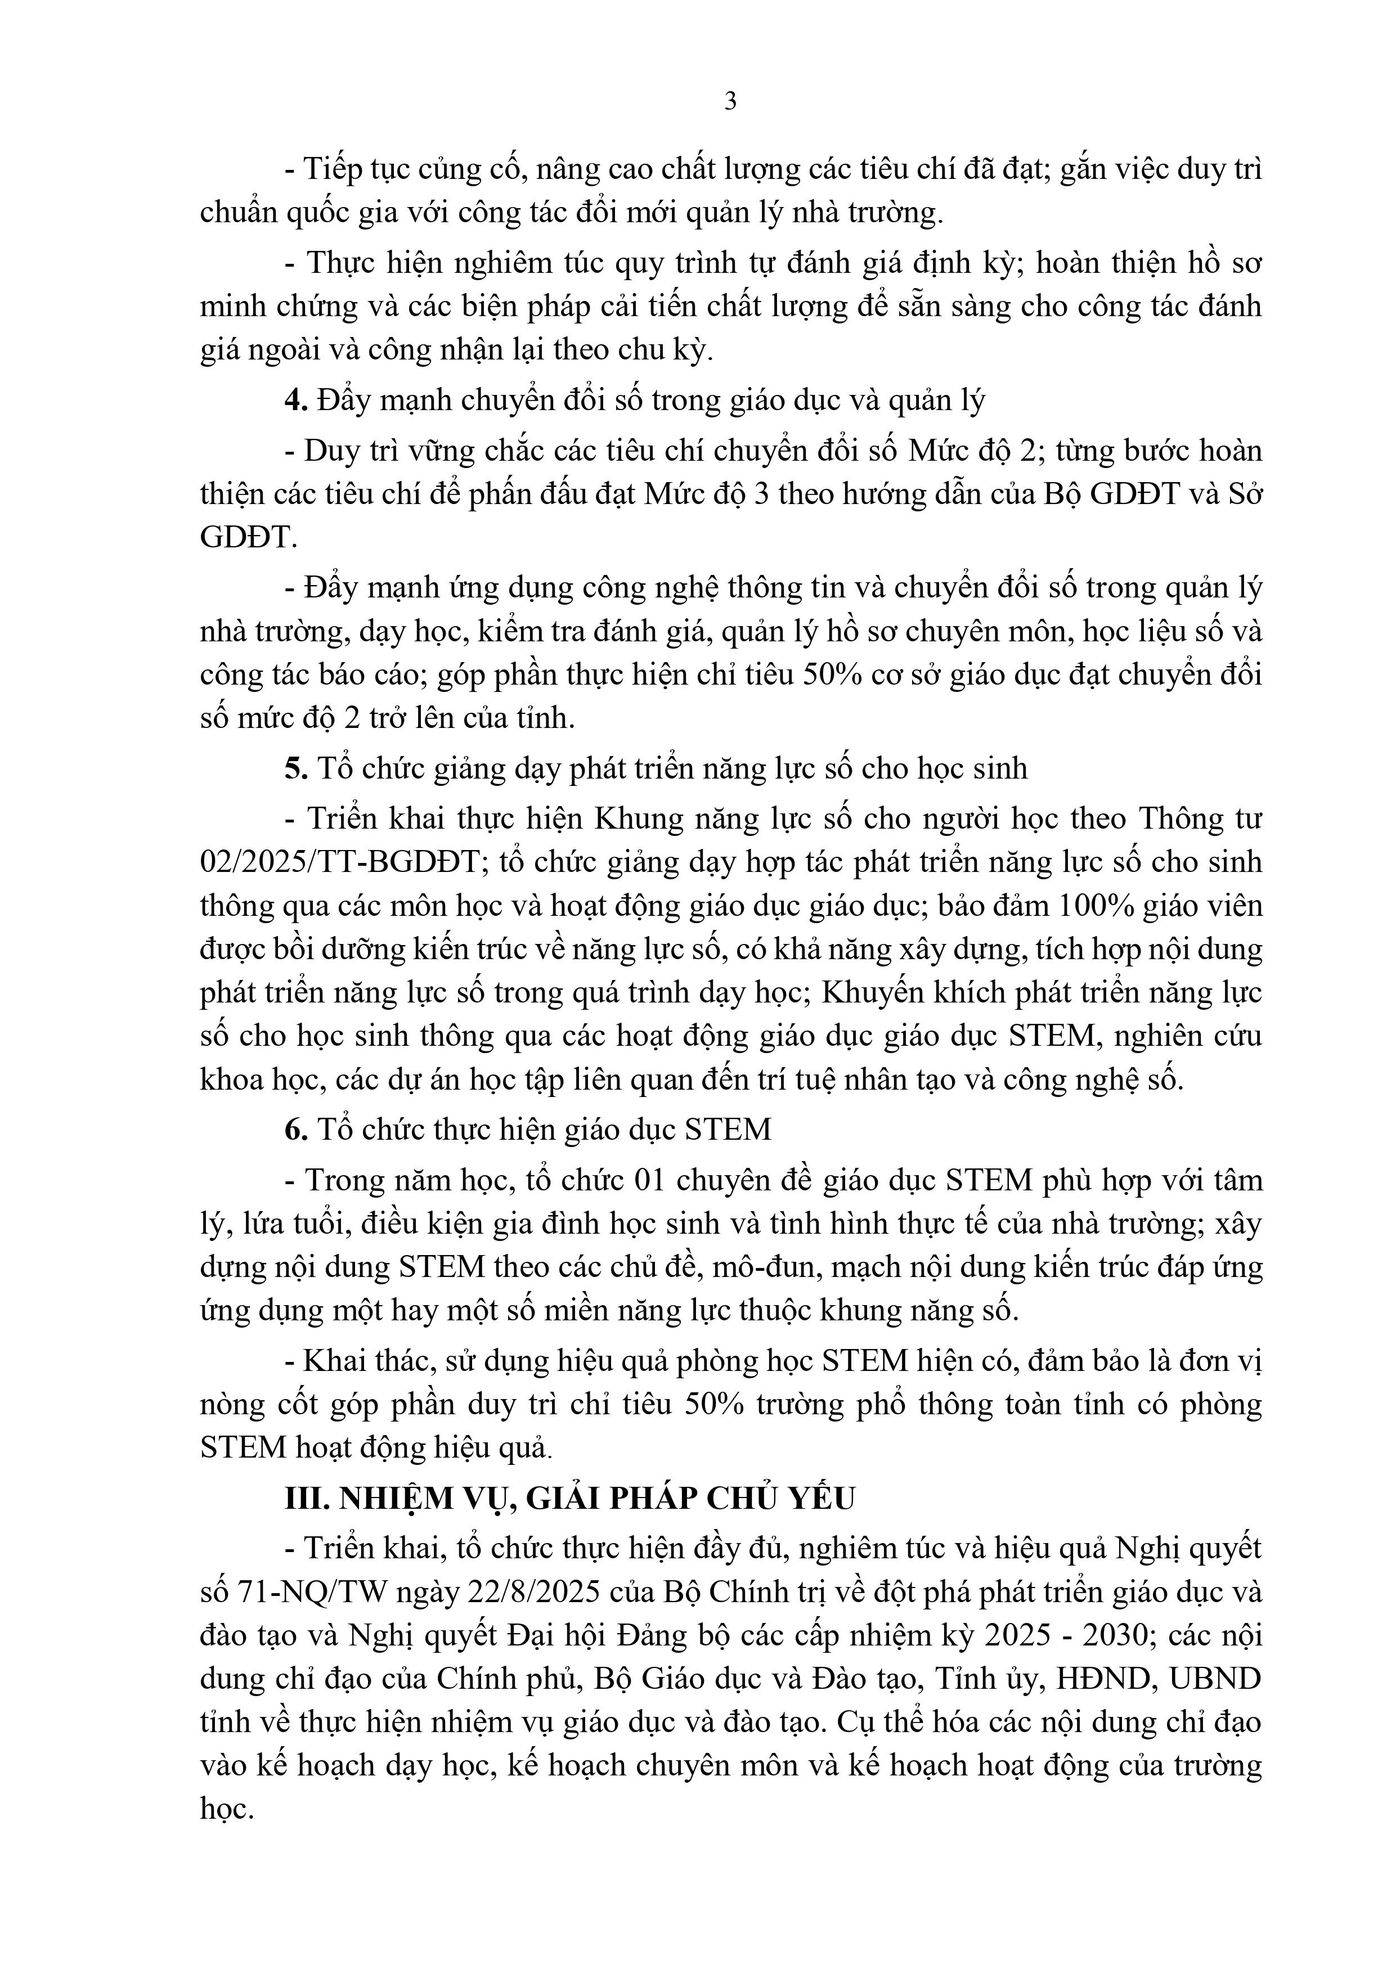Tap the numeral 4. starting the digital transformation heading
tap(297, 401)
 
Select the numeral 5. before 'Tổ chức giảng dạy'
tap(297, 768)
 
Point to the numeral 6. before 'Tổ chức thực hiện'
tap(297, 1129)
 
